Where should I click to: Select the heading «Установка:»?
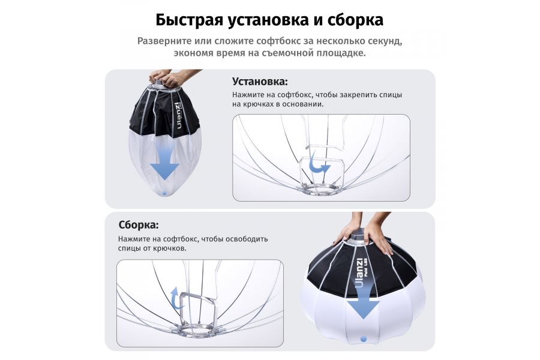click(260, 82)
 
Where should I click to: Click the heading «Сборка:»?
click(139, 225)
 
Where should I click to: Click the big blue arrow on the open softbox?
click(363, 305)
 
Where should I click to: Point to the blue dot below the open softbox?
click(363, 339)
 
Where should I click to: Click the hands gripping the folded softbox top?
click(167, 77)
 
